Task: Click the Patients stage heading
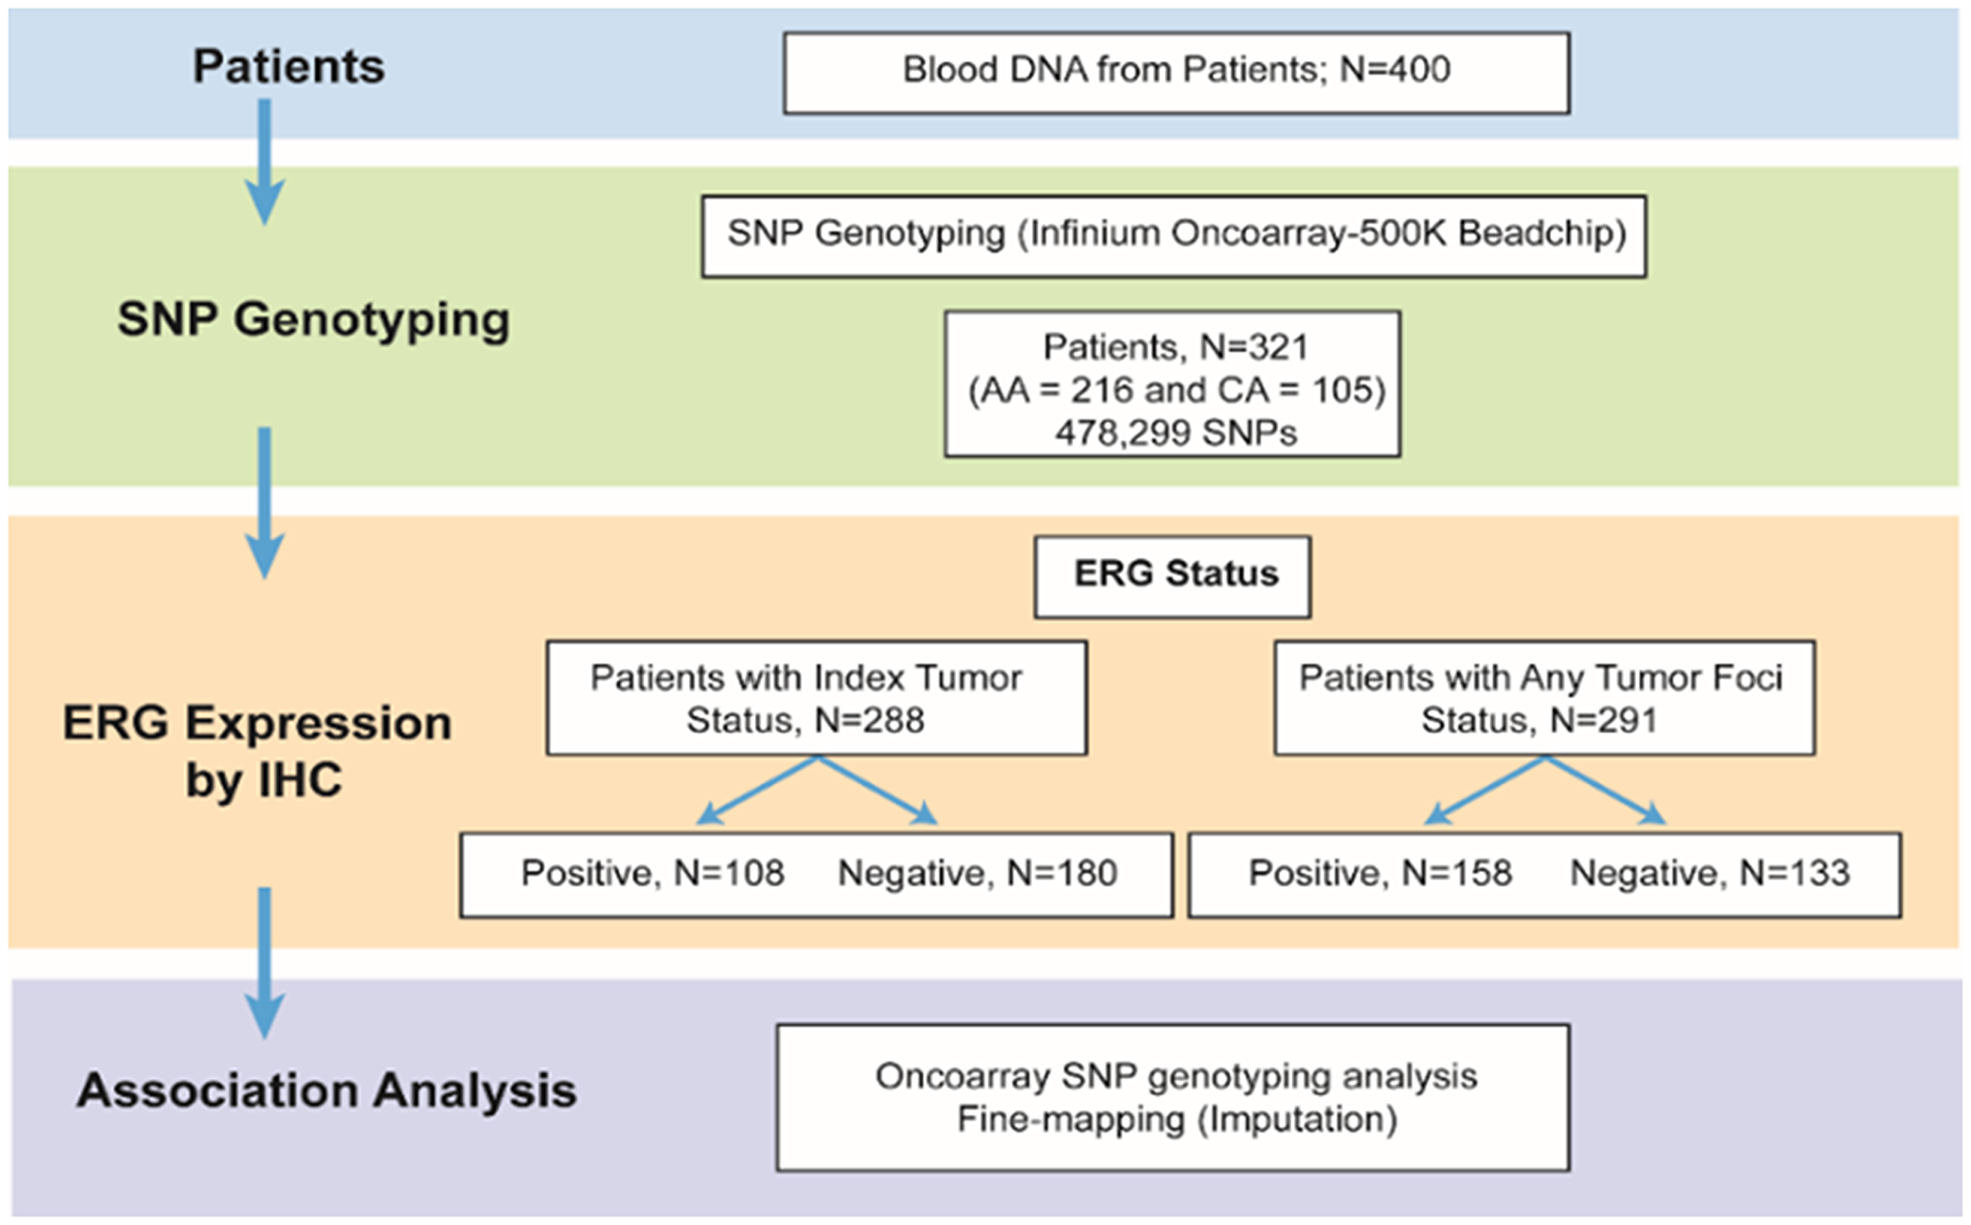288,67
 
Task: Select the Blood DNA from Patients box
1176,72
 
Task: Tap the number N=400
1394,70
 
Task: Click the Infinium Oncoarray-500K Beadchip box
1174,235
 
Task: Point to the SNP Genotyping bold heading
313,320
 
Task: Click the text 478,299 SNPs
1175,433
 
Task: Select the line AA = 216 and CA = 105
1176,390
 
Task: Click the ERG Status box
1173,576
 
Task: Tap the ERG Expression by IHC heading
258,750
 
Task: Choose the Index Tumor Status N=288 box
816,698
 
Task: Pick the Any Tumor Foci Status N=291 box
1543,698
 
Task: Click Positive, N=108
652,873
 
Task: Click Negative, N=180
977,873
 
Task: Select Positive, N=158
1380,873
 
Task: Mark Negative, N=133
1709,873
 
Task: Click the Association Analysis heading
326,1091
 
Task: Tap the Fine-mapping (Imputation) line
1177,1121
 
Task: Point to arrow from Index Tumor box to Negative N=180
876,789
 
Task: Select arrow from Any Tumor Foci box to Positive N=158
1485,789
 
